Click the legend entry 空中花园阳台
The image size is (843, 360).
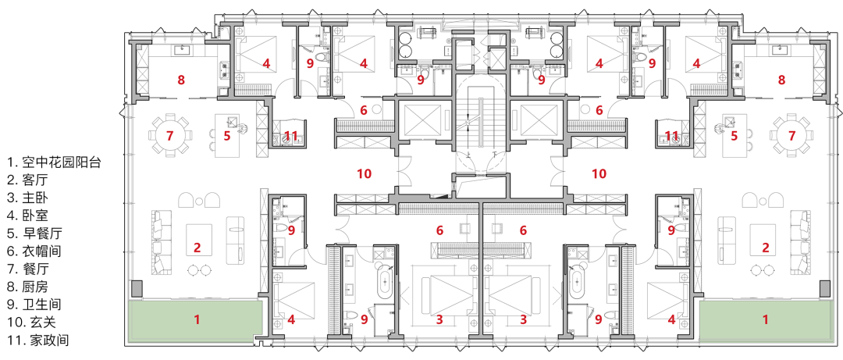53,162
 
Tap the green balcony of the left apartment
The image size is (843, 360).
195,319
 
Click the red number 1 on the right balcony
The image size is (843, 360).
765,319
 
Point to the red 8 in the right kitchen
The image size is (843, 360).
781,80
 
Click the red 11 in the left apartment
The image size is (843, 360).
290,136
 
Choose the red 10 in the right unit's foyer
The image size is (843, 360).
599,173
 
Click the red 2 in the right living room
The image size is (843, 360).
766,248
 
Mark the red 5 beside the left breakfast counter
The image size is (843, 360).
227,136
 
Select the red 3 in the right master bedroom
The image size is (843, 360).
522,319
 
